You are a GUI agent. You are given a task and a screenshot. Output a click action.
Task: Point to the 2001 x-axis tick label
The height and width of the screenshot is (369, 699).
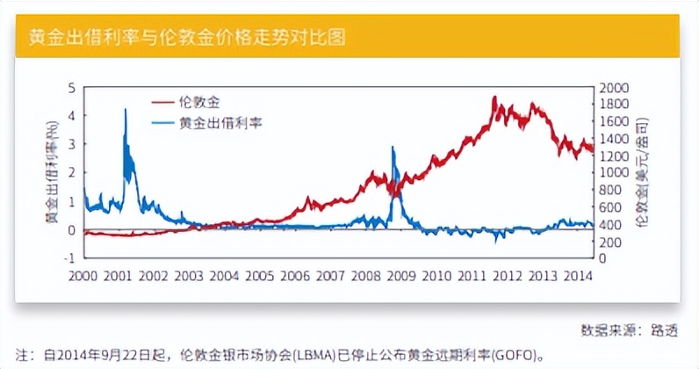[x=118, y=276]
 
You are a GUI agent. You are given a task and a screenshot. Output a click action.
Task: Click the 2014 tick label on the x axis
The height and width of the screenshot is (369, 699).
[x=577, y=276]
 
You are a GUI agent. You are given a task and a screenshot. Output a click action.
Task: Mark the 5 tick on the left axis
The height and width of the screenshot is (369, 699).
[x=73, y=88]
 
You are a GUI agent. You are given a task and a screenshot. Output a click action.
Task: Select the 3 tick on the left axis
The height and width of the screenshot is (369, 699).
[x=73, y=144]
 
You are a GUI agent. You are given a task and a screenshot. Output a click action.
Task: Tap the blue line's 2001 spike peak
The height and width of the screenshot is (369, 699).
[x=126, y=109]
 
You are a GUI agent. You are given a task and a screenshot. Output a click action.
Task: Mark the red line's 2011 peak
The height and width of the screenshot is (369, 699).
[x=494, y=97]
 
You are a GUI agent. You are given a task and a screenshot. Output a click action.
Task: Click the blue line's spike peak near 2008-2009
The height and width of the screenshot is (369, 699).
[x=393, y=148]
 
